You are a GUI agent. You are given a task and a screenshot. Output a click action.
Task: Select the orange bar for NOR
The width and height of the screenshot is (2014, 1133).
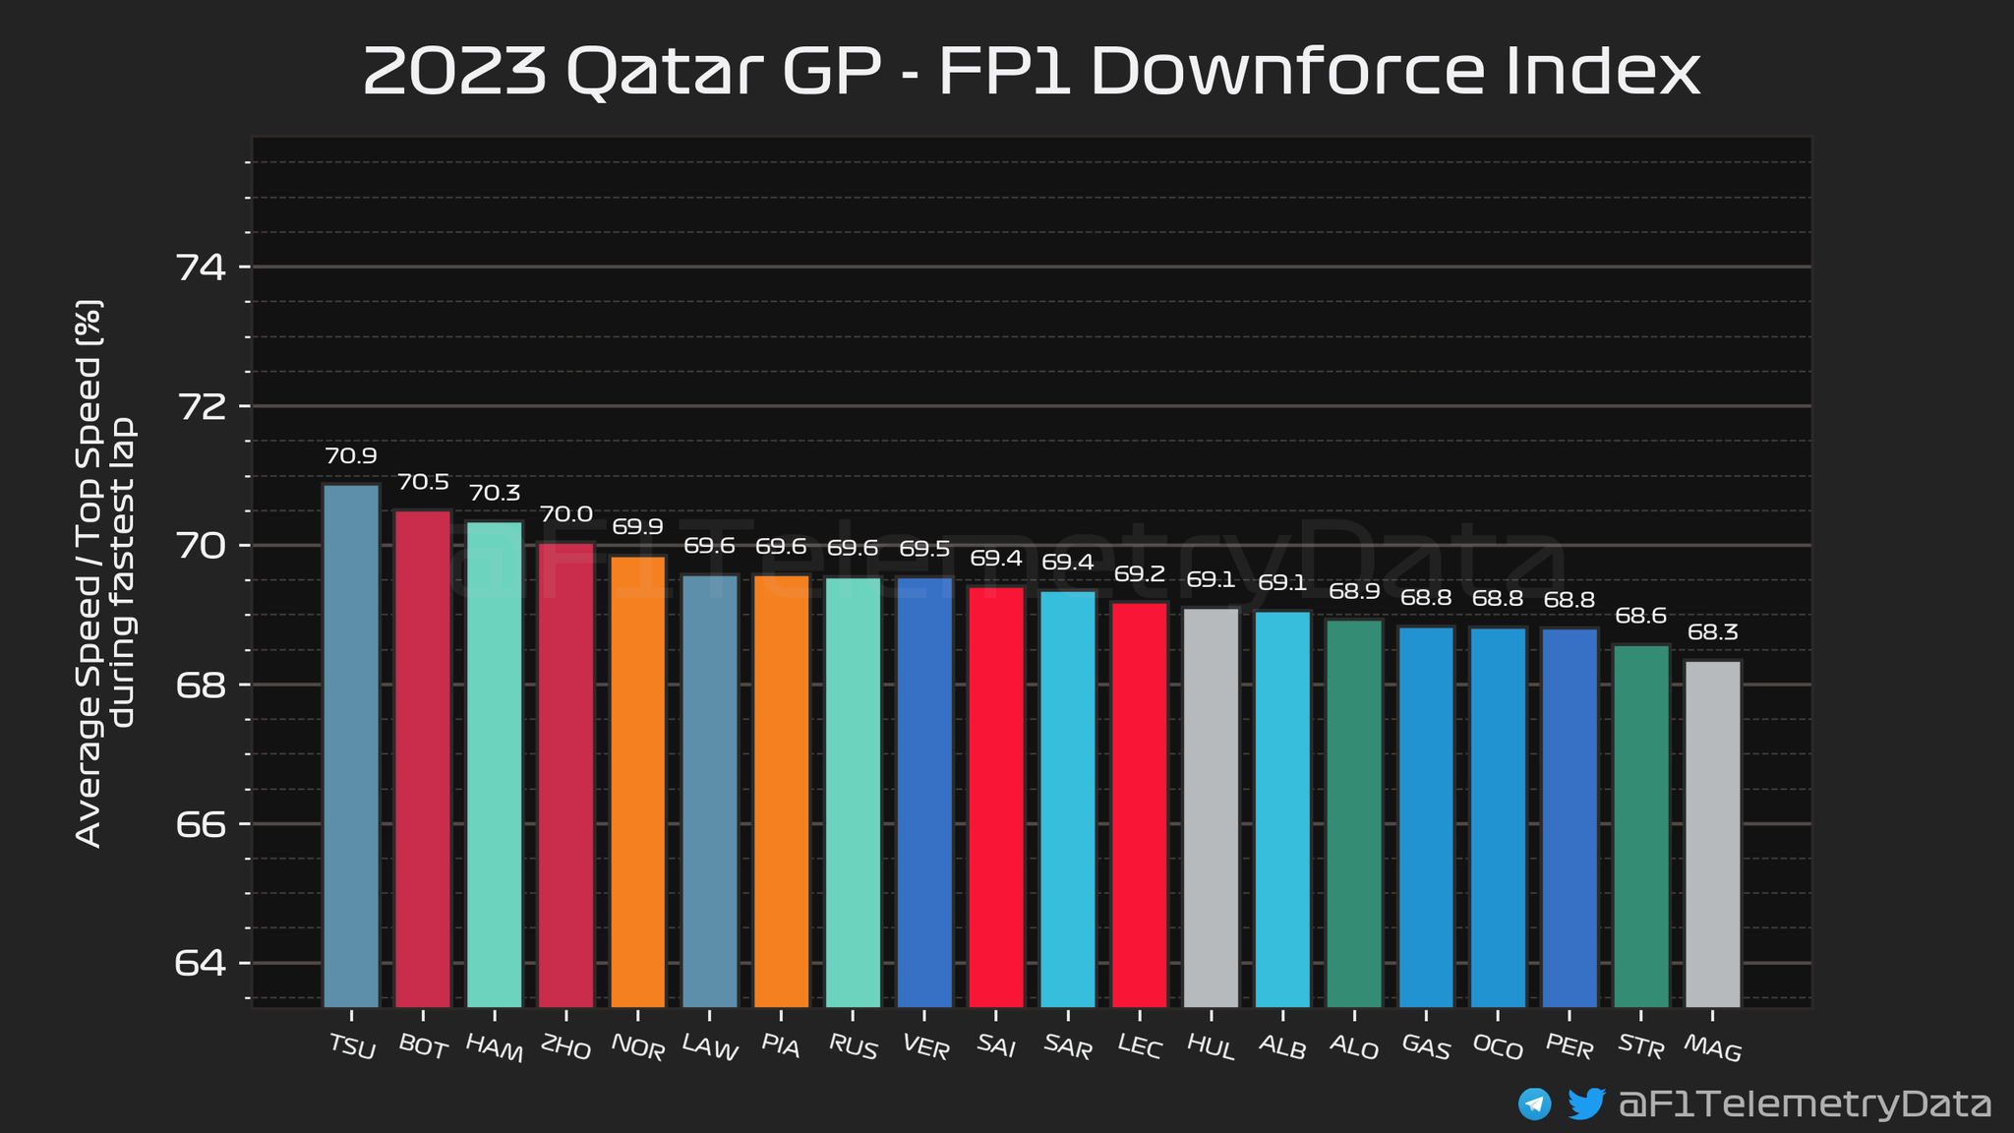click(x=637, y=781)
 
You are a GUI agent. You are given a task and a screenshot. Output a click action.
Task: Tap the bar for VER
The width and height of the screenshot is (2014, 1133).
click(x=924, y=792)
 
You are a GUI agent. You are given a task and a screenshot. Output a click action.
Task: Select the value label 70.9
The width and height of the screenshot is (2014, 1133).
click(x=351, y=456)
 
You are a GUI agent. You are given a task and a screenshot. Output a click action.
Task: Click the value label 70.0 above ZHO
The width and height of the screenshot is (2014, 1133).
click(x=566, y=514)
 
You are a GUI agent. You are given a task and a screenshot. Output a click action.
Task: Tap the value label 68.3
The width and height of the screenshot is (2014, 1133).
click(x=1713, y=632)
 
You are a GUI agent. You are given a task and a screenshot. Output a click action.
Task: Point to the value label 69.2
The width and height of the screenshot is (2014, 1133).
click(x=1140, y=574)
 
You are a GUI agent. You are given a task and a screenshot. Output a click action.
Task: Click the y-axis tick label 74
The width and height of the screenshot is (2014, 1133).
click(x=201, y=268)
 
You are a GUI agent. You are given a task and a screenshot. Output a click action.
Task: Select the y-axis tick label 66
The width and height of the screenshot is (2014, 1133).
click(x=201, y=824)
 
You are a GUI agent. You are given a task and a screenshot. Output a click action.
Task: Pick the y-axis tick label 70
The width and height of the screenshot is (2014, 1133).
click(x=201, y=546)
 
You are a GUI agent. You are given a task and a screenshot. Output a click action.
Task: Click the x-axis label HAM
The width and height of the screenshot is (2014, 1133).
click(x=494, y=1049)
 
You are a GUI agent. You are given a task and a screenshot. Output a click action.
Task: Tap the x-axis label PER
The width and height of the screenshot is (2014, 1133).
click(x=1570, y=1049)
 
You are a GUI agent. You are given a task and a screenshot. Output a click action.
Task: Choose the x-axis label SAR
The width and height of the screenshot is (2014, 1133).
click(x=1068, y=1049)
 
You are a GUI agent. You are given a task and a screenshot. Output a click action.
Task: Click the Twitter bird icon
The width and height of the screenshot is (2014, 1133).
click(x=1586, y=1103)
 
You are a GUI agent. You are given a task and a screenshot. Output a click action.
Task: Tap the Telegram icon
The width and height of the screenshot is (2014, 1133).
click(x=1535, y=1103)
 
